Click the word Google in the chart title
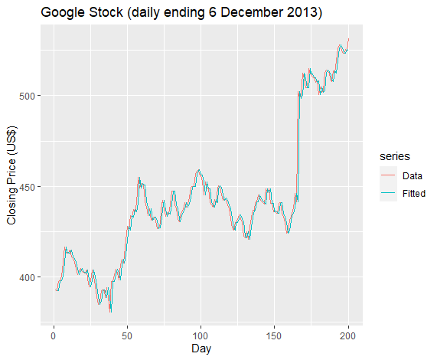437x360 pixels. (x=63, y=13)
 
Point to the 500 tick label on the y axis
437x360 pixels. (x=26, y=96)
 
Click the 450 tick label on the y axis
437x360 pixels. (x=26, y=187)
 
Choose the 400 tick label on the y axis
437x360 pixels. (x=26, y=277)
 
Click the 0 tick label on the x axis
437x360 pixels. (x=54, y=335)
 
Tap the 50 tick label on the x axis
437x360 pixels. (x=127, y=335)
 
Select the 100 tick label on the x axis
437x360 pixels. (x=201, y=335)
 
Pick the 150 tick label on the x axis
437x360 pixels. (x=274, y=335)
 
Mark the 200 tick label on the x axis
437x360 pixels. (x=347, y=335)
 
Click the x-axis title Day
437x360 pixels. (x=201, y=349)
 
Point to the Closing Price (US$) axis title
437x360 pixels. (x=11, y=175)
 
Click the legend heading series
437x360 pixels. (x=395, y=156)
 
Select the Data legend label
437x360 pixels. (x=413, y=176)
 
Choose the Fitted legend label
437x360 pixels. (x=414, y=193)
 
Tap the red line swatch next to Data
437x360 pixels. (x=388, y=175)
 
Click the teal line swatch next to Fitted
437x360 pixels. (x=388, y=193)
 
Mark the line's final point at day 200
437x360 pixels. (x=348, y=39)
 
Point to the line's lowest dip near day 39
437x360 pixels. (x=111, y=311)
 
